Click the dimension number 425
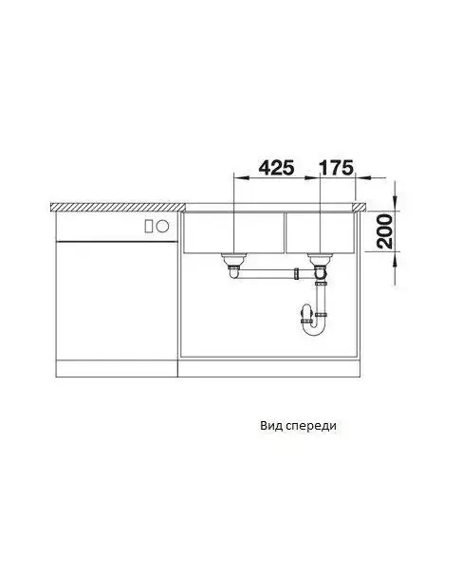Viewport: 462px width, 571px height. (x=276, y=168)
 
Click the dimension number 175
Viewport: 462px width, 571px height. (x=336, y=168)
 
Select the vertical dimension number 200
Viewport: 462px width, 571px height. (x=385, y=231)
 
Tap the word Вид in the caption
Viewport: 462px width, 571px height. (x=271, y=425)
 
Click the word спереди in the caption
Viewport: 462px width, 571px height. (x=311, y=427)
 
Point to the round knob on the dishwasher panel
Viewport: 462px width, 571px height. (x=162, y=227)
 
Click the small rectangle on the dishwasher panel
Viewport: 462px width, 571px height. (x=149, y=227)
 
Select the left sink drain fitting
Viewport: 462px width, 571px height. (x=233, y=261)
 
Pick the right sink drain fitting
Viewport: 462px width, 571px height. (x=320, y=261)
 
